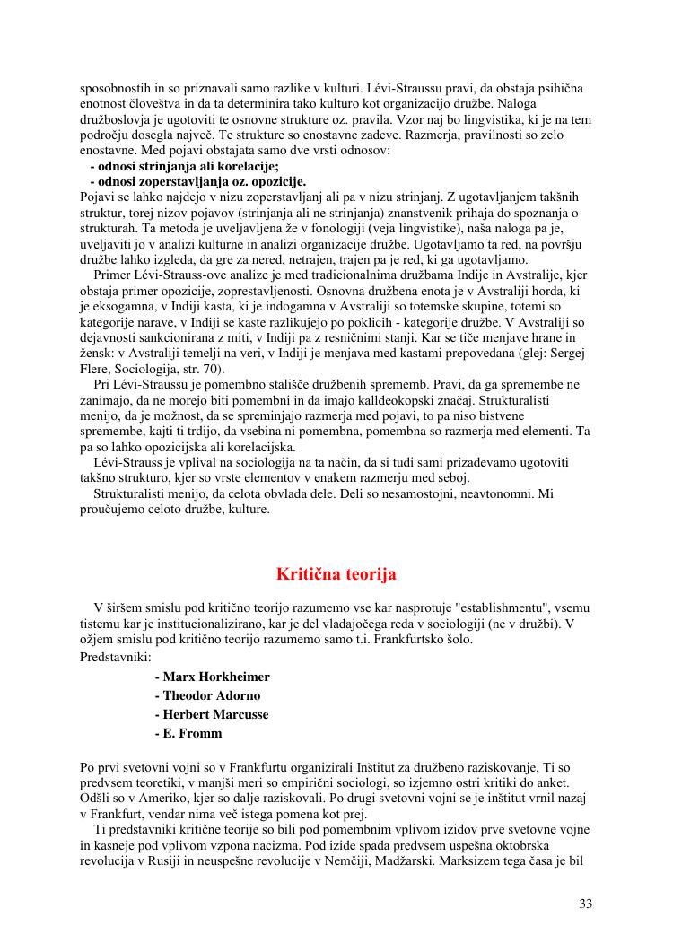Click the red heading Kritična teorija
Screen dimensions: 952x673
coord(336,573)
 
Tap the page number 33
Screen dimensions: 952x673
coord(585,904)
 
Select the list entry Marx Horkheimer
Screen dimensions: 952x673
coord(213,677)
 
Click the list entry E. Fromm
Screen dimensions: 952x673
coord(188,733)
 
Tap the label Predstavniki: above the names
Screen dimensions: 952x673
coord(116,657)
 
